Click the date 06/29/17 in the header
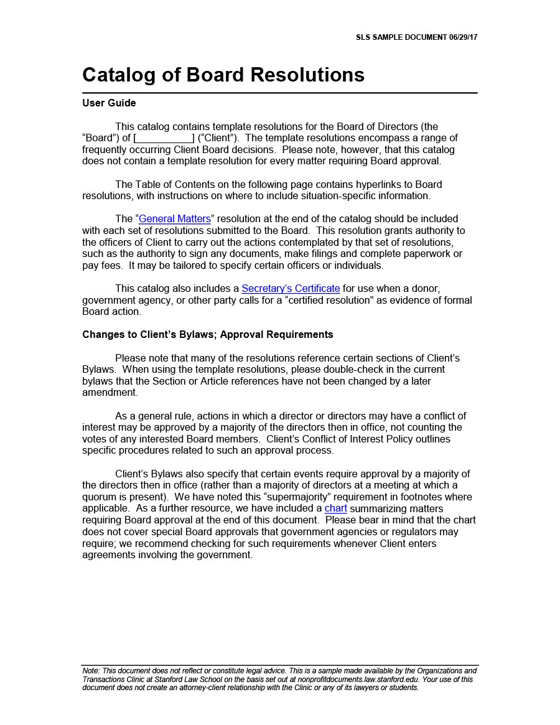click(463, 37)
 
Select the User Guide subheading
click(109, 103)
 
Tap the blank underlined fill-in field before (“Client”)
click(164, 138)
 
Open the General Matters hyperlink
click(175, 219)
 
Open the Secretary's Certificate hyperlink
click(291, 289)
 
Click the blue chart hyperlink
click(336, 508)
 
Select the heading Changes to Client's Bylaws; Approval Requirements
click(208, 335)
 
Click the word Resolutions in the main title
click(307, 75)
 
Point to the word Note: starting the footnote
click(91, 671)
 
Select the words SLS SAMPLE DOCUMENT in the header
click(401, 37)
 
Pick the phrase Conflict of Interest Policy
click(388, 439)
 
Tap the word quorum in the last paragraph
click(97, 497)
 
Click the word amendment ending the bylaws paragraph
click(110, 393)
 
